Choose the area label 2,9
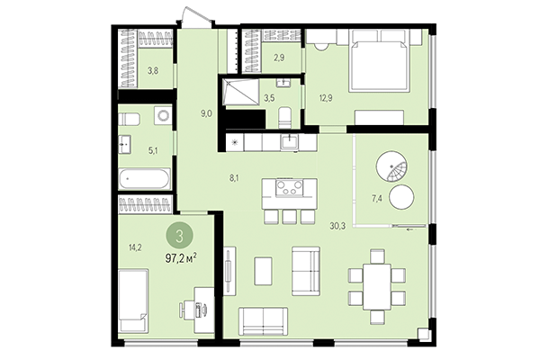click(x=280, y=58)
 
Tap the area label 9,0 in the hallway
click(x=206, y=113)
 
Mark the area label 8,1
click(x=235, y=177)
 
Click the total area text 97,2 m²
click(x=182, y=258)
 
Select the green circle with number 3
click(x=181, y=236)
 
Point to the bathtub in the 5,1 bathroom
click(x=145, y=179)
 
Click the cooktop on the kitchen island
click(x=290, y=189)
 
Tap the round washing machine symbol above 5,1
click(x=161, y=116)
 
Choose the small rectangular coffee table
click(x=264, y=270)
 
